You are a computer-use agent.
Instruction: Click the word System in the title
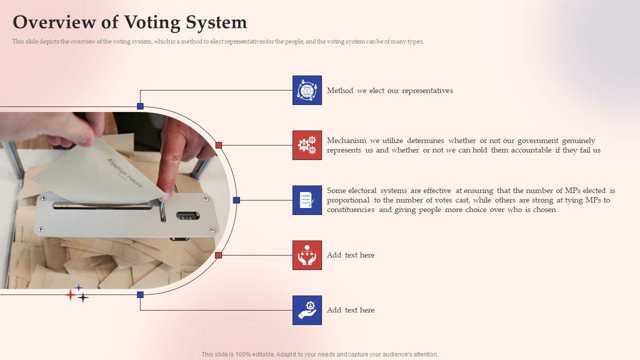pyautogui.click(x=216, y=22)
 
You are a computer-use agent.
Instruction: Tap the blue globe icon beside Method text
pyautogui.click(x=307, y=90)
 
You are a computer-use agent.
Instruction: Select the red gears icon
pyautogui.click(x=307, y=145)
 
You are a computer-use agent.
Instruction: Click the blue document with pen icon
pyautogui.click(x=307, y=200)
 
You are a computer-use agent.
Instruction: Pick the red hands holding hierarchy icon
pyautogui.click(x=307, y=255)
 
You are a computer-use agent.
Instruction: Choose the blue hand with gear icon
pyautogui.click(x=307, y=310)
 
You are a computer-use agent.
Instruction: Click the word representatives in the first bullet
pyautogui.click(x=427, y=91)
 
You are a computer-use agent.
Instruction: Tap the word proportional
pyautogui.click(x=348, y=200)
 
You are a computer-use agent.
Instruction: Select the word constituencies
pyautogui.click(x=350, y=209)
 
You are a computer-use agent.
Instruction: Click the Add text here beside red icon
pyautogui.click(x=350, y=255)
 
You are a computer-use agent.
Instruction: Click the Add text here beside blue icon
pyautogui.click(x=350, y=310)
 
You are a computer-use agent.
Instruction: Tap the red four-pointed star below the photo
pyautogui.click(x=70, y=295)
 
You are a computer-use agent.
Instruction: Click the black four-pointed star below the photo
pyautogui.click(x=83, y=297)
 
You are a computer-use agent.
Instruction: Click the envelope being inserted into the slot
pyautogui.click(x=98, y=171)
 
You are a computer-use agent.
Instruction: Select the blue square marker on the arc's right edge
pyautogui.click(x=236, y=200)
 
